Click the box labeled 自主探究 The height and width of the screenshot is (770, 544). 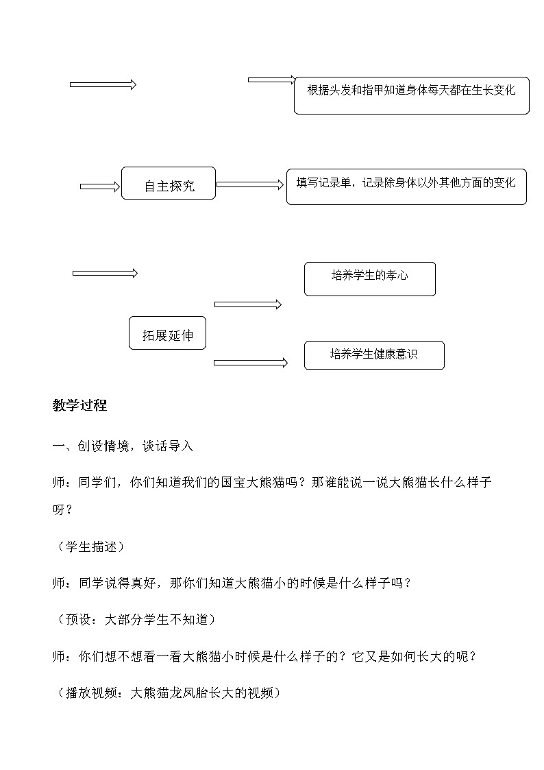coord(169,184)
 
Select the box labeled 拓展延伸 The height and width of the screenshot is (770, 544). coord(168,334)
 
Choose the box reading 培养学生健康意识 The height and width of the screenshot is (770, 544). coord(374,355)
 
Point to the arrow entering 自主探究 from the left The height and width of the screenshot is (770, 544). coord(100,186)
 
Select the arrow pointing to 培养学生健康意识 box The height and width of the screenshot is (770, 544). coord(251,363)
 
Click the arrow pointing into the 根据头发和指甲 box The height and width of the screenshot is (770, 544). coord(272,80)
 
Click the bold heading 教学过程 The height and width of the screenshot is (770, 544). coord(79,405)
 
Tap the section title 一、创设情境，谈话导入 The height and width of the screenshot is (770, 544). coord(123,446)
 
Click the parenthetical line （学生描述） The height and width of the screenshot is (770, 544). coord(88,546)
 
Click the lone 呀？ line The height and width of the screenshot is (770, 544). coord(62,510)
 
